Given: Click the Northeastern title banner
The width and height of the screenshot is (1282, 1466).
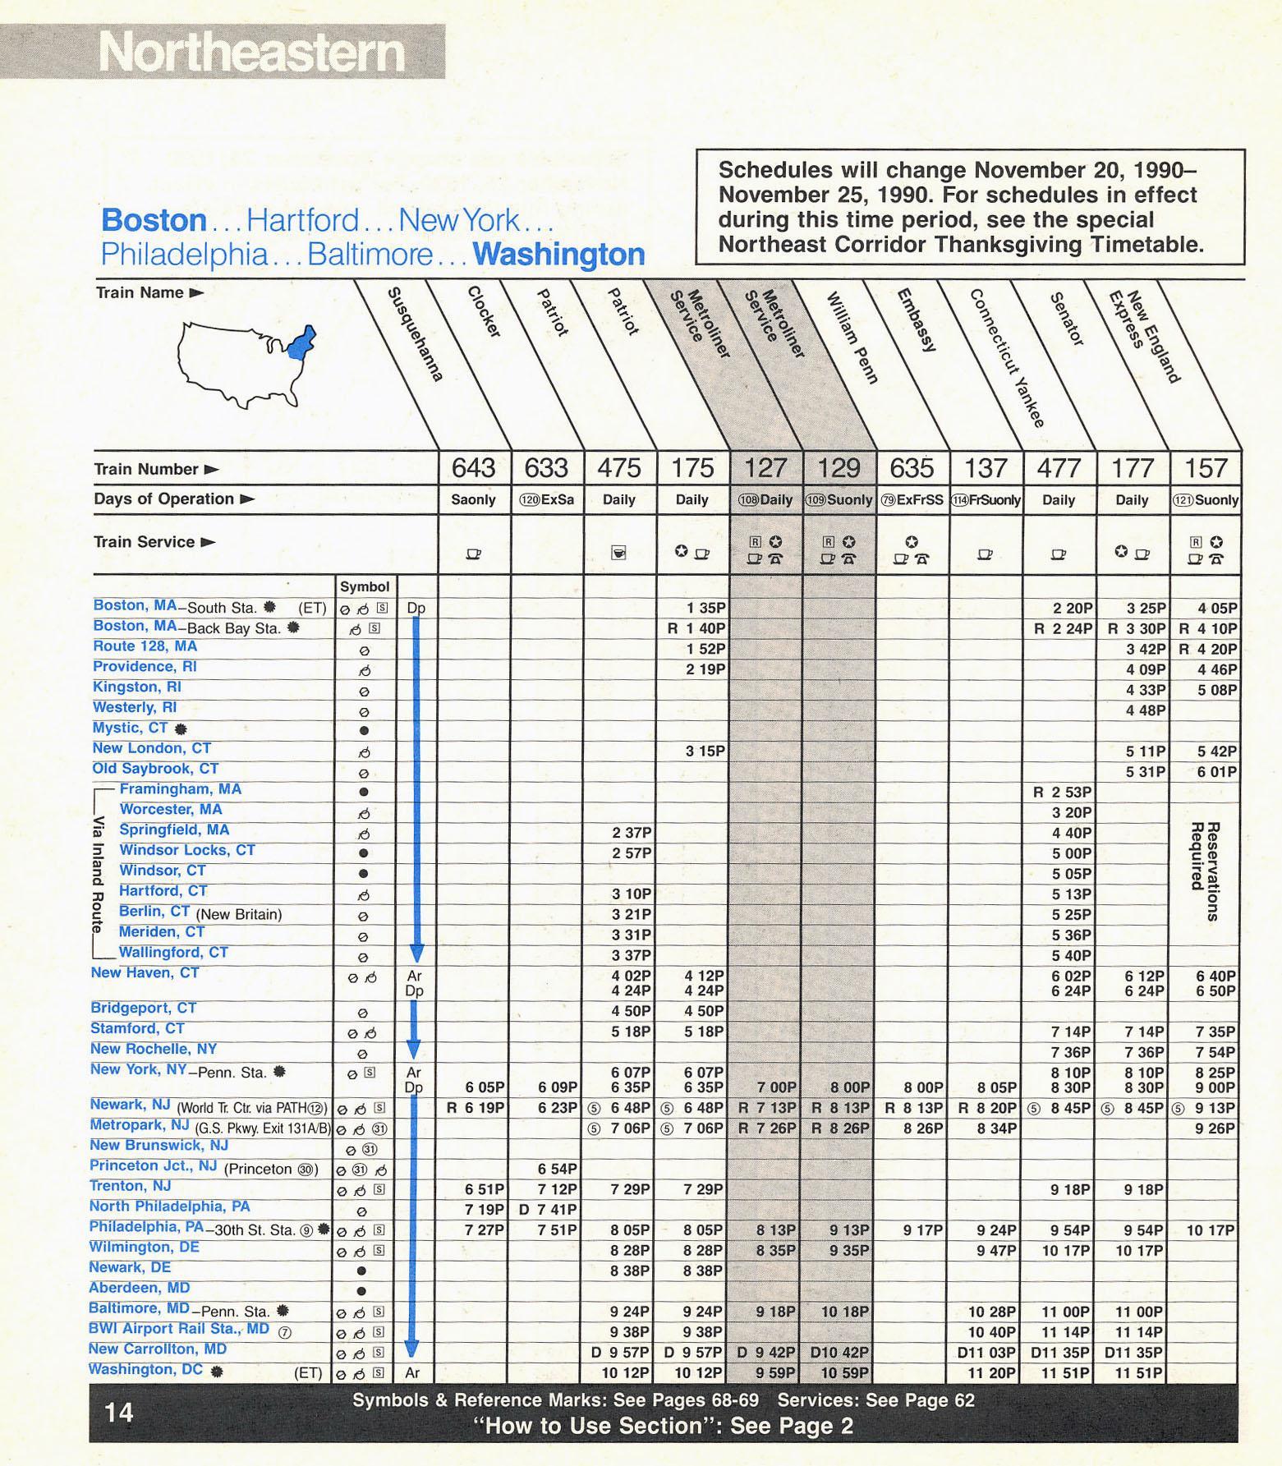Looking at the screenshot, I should pos(250,53).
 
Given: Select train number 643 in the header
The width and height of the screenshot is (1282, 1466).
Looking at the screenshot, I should pos(474,468).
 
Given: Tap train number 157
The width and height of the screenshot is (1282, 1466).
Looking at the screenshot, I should pos(1205,468).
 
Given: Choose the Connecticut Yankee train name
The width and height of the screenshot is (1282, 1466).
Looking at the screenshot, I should pos(1006,358).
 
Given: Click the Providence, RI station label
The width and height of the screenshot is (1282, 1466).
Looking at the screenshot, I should pos(133,667).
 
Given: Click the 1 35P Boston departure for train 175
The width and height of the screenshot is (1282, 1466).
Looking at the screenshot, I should pos(705,609).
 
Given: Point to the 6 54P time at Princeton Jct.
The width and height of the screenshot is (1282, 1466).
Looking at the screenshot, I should pos(558,1169).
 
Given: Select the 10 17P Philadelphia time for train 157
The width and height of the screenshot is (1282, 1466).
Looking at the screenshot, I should pos(1211,1230).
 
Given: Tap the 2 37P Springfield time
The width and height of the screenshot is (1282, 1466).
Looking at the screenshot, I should pos(632,833).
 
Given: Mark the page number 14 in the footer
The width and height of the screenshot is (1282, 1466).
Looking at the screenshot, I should pos(119,1412).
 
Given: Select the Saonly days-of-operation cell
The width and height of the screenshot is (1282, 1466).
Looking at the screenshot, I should pos(474,500).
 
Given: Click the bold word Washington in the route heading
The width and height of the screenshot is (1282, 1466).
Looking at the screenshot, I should pos(558,255).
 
